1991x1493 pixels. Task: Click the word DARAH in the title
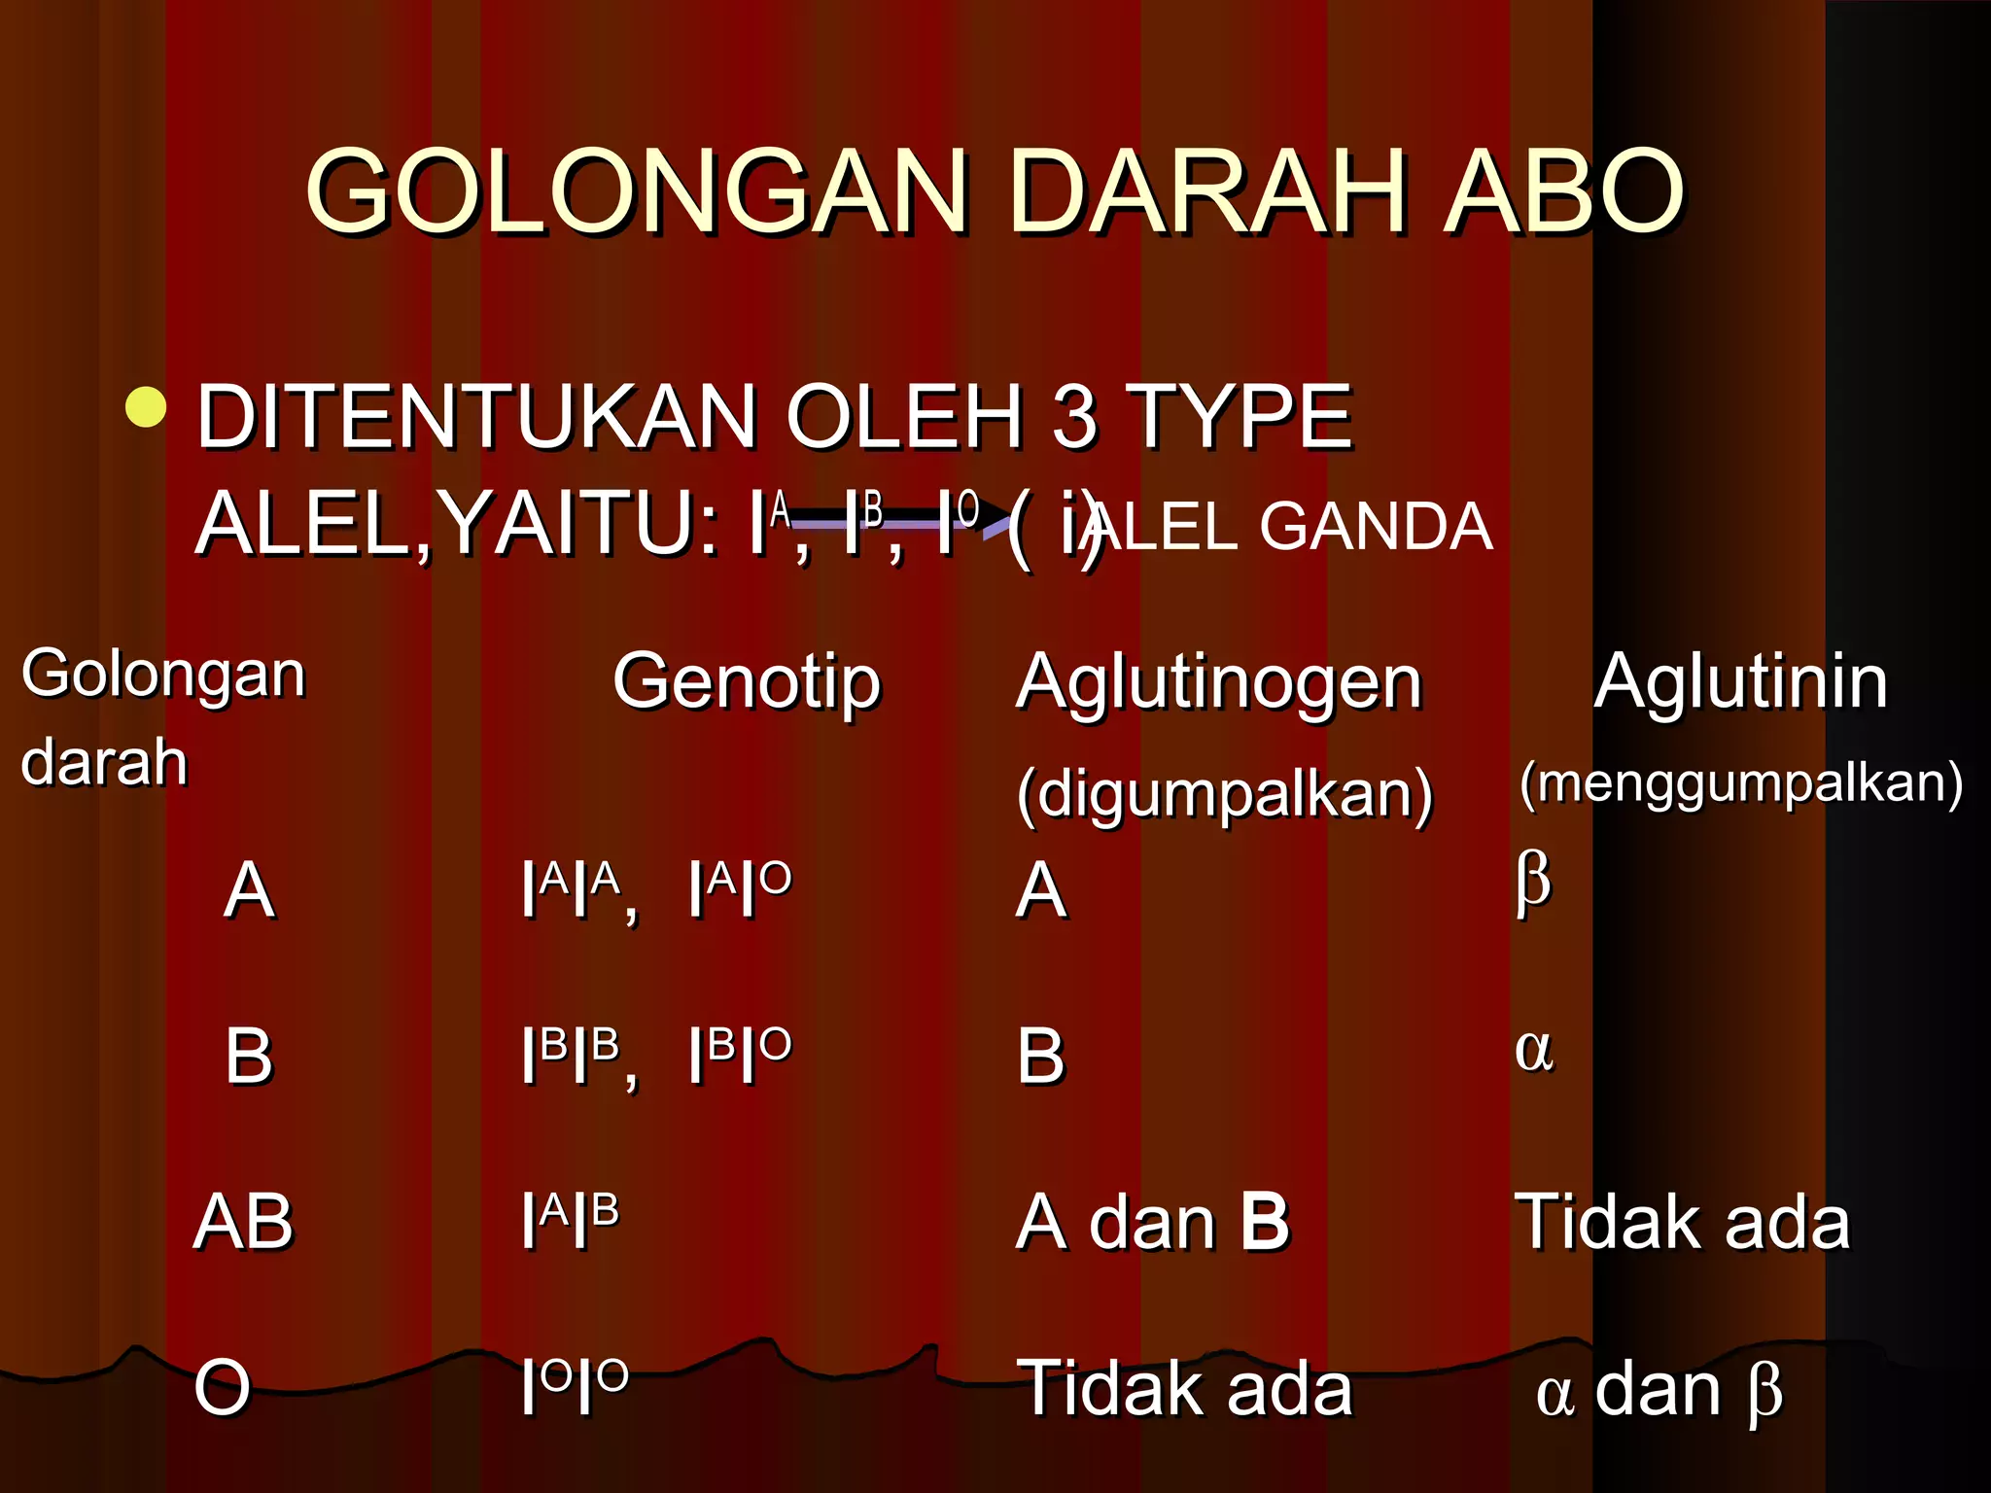(1209, 191)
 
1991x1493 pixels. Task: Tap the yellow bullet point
(146, 406)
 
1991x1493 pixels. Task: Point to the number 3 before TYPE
(1074, 417)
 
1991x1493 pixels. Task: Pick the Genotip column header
(747, 681)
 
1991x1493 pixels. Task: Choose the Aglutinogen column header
(1219, 681)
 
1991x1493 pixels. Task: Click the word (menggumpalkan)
(1741, 783)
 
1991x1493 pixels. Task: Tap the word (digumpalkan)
(1225, 794)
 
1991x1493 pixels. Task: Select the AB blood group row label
(243, 1222)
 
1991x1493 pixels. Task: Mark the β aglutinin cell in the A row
(1533, 883)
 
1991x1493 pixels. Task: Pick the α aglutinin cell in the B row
(1534, 1050)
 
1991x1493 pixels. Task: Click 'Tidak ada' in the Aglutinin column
(1683, 1222)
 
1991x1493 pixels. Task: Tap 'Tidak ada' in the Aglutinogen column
(1184, 1388)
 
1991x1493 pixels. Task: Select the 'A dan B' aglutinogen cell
(1153, 1222)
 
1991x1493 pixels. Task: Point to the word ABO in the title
(1564, 191)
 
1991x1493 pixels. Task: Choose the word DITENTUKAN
(476, 417)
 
